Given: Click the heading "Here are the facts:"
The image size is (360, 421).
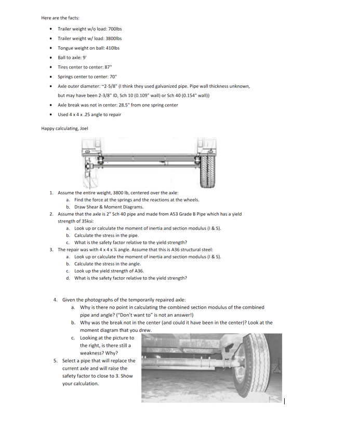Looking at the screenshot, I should pos(60,18).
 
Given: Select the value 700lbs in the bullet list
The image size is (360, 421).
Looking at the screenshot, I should pos(114,29).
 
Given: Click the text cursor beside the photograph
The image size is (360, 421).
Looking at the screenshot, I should pos(285,400).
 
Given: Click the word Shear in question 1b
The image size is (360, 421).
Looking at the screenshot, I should pos(95,207).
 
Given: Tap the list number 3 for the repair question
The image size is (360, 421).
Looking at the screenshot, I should pos(51,250).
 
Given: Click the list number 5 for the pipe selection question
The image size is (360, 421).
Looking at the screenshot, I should pos(56,360).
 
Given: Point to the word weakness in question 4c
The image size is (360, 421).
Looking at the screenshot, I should pos(91,352).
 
